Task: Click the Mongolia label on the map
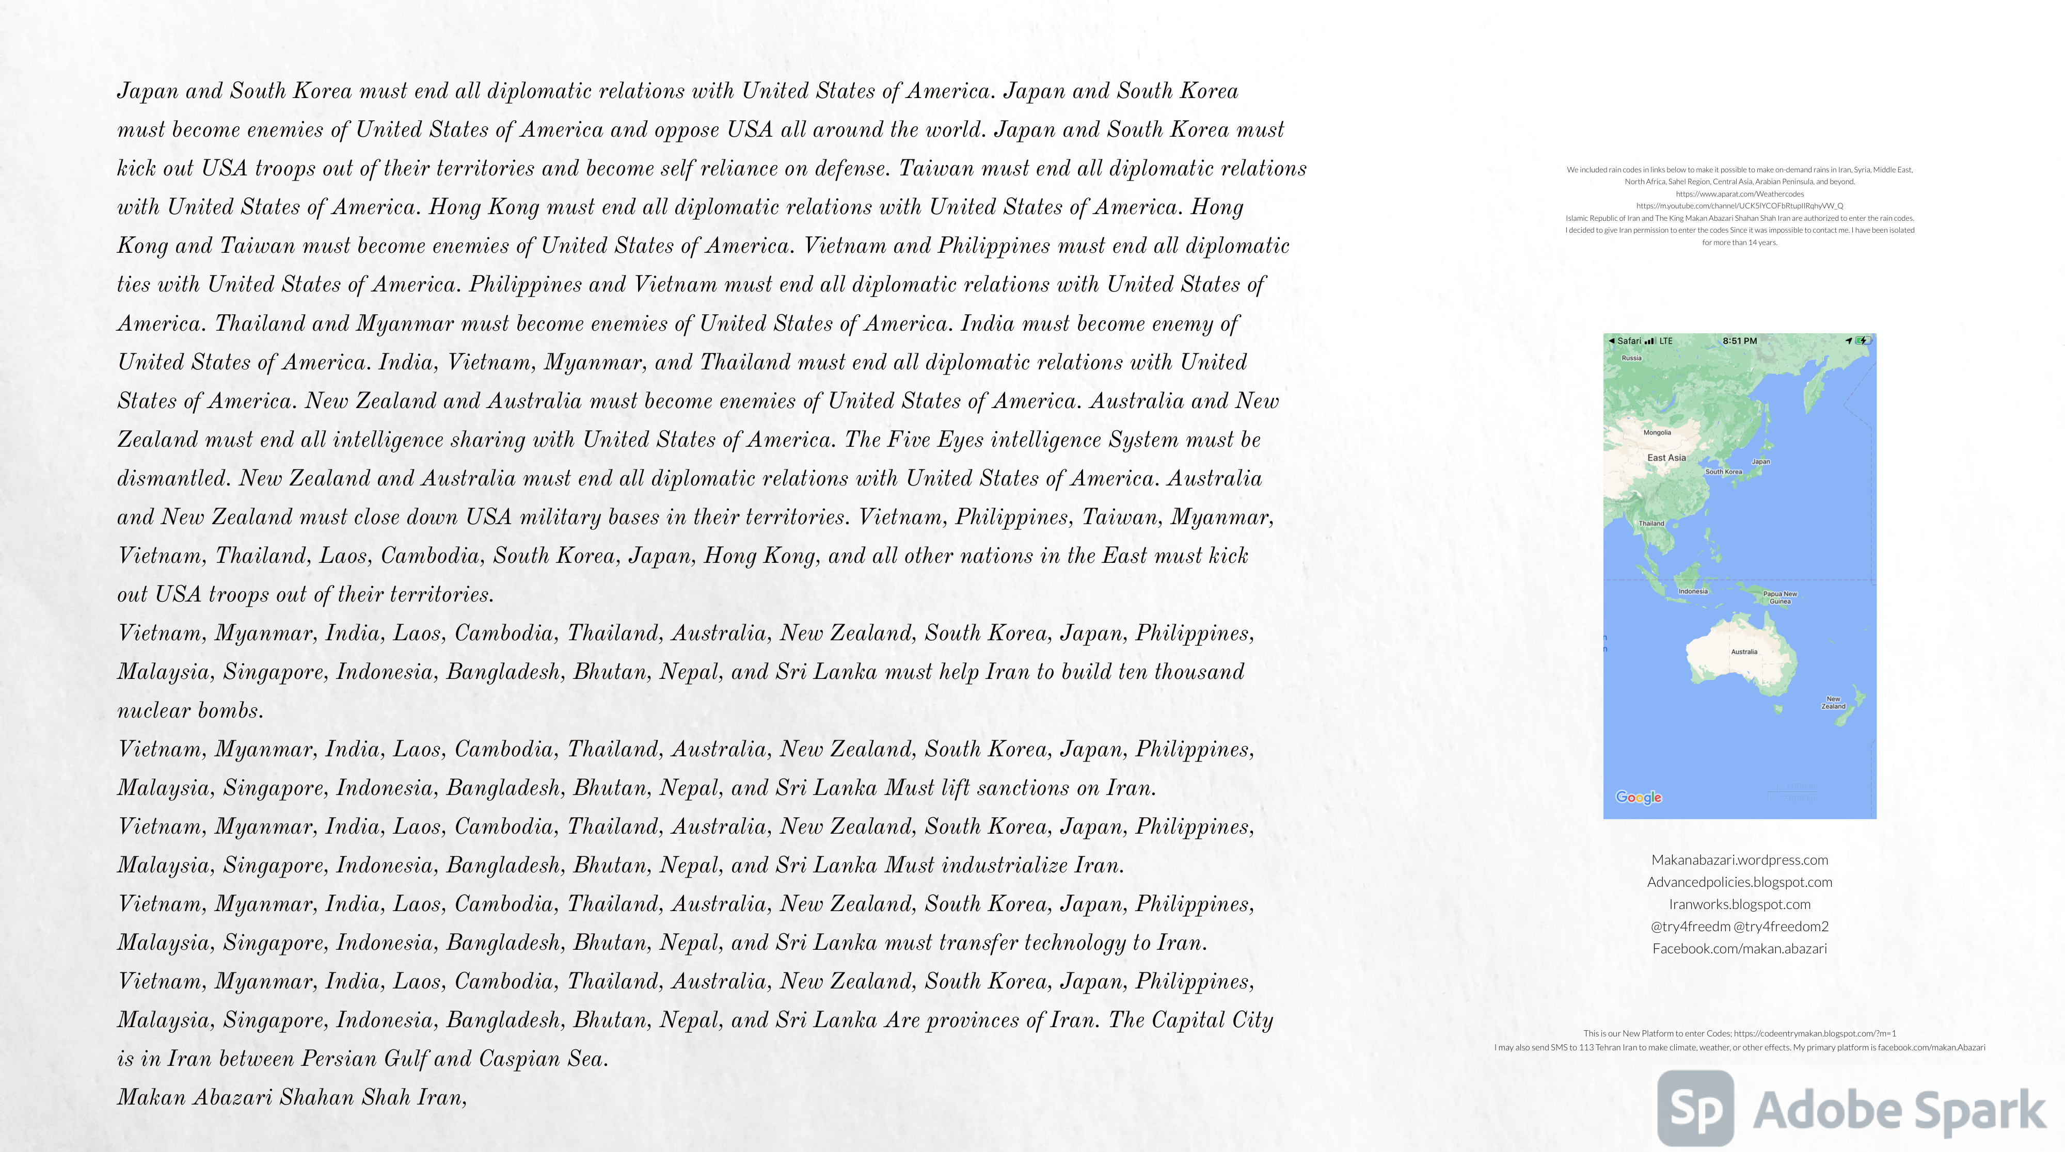[x=1657, y=433]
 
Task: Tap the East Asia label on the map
[x=1666, y=458]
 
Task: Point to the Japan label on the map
[x=1760, y=461]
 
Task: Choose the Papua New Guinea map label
[x=1780, y=597]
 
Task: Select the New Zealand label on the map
[x=1833, y=703]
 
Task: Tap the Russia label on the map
[x=1631, y=358]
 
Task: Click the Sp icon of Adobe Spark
[x=1695, y=1109]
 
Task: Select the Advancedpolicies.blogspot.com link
[x=1740, y=882]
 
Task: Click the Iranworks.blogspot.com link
[x=1740, y=904]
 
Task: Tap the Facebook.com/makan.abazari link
[x=1740, y=949]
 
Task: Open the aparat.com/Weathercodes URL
[x=1740, y=194]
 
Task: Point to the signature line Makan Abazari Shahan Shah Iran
[x=292, y=1097]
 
